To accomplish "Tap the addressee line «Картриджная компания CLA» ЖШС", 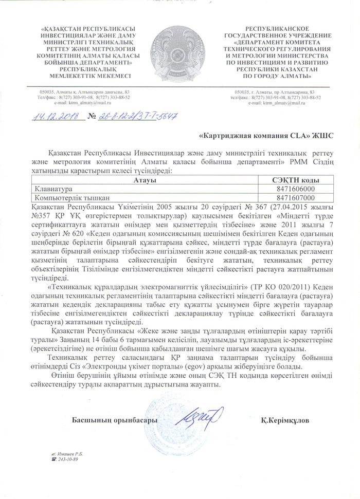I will pyautogui.click(x=266, y=136).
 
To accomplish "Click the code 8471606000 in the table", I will pyautogui.click(x=295, y=189).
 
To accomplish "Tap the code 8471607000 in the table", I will pyautogui.click(x=295, y=197).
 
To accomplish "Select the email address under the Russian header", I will pyautogui.click(x=276, y=103).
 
